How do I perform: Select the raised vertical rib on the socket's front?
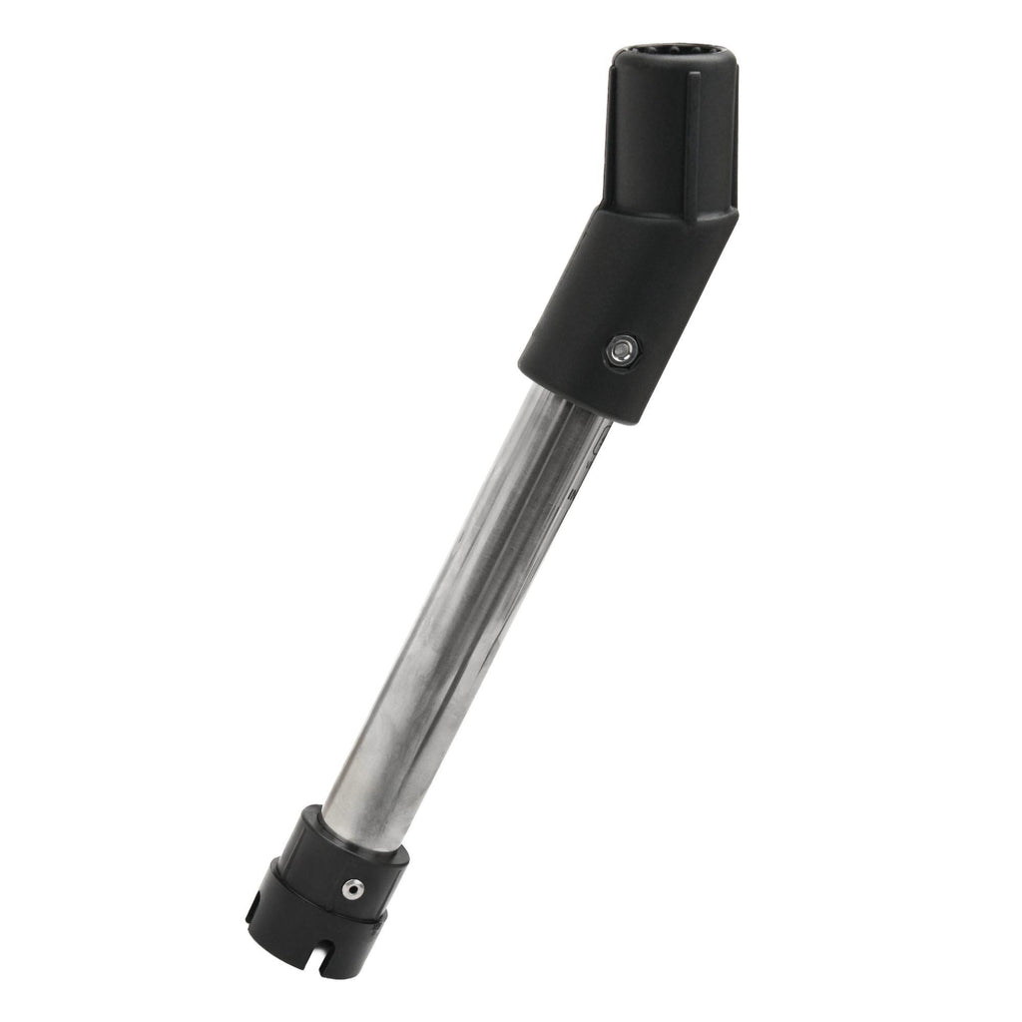pos(693,140)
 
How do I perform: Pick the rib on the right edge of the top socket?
pos(734,140)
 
